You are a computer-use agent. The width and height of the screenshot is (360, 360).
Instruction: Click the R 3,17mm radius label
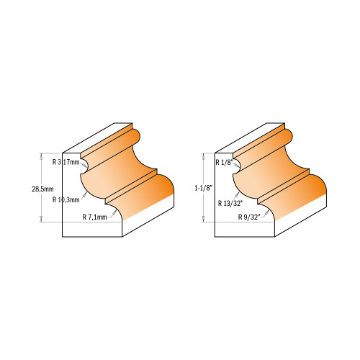click(x=66, y=163)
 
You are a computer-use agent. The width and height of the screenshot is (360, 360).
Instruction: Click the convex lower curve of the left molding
click(x=155, y=198)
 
